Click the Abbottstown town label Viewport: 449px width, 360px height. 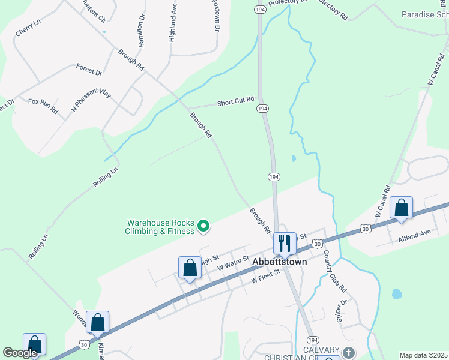point(279,262)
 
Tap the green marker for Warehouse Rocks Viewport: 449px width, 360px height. point(203,226)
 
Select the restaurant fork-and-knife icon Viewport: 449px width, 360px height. point(285,243)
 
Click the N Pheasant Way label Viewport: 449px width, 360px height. point(91,101)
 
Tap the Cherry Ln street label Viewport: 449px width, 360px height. point(28,27)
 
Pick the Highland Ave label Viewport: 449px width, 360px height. point(173,24)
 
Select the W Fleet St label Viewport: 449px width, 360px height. point(266,276)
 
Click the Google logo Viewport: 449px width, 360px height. point(21,353)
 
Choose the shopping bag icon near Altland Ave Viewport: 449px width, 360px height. point(401,208)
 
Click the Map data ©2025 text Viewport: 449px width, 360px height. point(423,355)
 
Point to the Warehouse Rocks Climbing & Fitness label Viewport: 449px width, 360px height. point(160,226)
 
